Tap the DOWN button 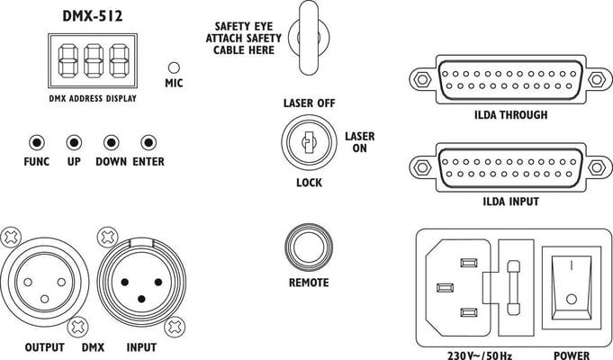tap(111, 142)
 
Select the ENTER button tap(149, 142)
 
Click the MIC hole tap(174, 67)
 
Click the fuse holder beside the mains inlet tap(513, 287)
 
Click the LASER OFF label tap(309, 103)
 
